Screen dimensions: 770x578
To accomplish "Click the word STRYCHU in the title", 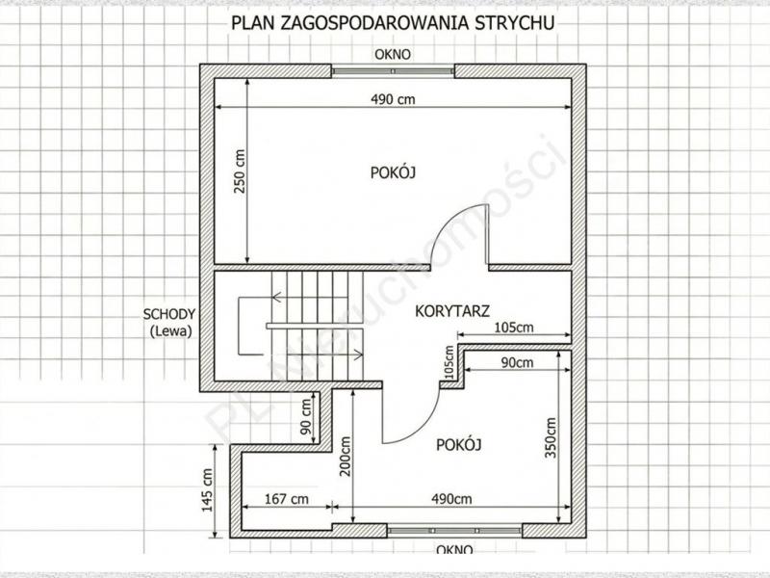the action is click(x=514, y=22).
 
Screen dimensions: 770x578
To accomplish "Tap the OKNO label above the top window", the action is click(x=393, y=54).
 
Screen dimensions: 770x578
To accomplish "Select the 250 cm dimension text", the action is click(x=240, y=171).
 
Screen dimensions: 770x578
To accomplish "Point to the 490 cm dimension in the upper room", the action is click(x=393, y=99).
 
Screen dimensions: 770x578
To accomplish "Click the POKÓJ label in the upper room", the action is click(x=393, y=172).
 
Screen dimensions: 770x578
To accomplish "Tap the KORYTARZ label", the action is click(x=452, y=311).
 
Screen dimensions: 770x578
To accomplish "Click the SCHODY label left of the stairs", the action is click(x=169, y=314).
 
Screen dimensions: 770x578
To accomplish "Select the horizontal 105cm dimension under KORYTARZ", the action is click(x=514, y=328).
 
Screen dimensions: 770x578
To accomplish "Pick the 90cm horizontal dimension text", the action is click(x=517, y=363).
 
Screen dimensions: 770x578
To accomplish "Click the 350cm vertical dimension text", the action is click(x=551, y=437).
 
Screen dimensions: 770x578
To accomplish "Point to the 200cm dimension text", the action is click(x=346, y=456).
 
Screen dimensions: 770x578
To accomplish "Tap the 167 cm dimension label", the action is click(x=287, y=499).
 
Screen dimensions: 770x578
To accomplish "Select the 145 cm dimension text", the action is click(x=208, y=490).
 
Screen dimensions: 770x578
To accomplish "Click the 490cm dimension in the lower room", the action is click(x=451, y=499).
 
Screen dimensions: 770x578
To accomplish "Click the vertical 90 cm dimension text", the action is click(x=306, y=416).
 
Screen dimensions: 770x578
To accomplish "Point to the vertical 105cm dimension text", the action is click(x=449, y=363).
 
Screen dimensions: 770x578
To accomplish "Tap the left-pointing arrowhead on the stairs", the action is click(x=276, y=297).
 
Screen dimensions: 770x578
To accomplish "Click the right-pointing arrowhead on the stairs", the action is click(x=358, y=354).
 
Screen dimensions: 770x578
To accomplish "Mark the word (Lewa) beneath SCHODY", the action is click(x=170, y=331).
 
